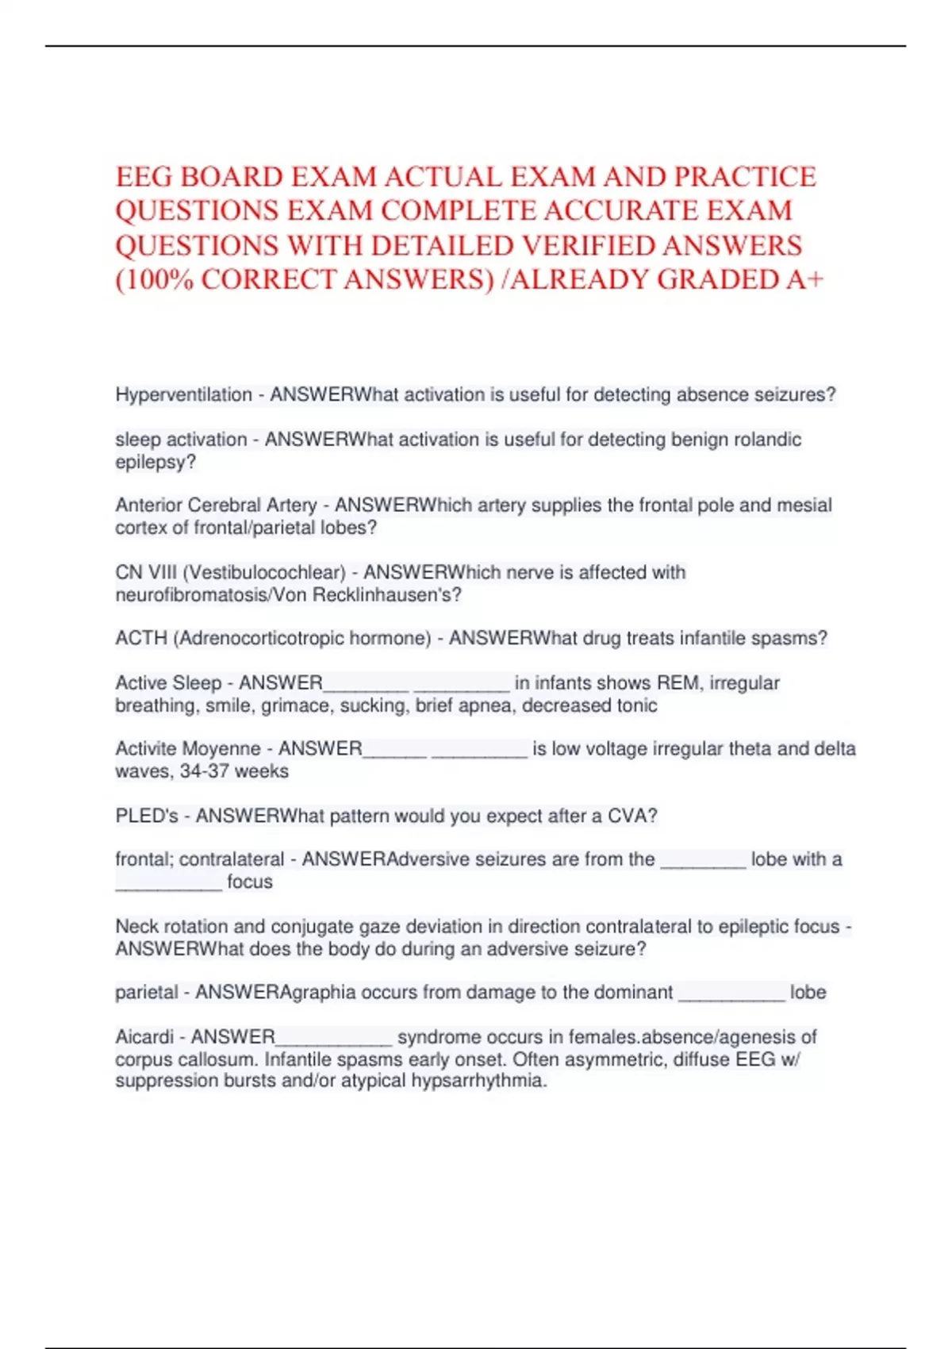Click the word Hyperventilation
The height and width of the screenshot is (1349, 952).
point(183,394)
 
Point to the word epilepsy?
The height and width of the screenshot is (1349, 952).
point(155,462)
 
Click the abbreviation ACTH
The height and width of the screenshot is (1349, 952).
point(141,638)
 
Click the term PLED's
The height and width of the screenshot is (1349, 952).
point(147,816)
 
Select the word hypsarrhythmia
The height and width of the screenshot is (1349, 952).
point(478,1080)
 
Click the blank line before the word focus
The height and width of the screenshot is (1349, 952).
point(168,882)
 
